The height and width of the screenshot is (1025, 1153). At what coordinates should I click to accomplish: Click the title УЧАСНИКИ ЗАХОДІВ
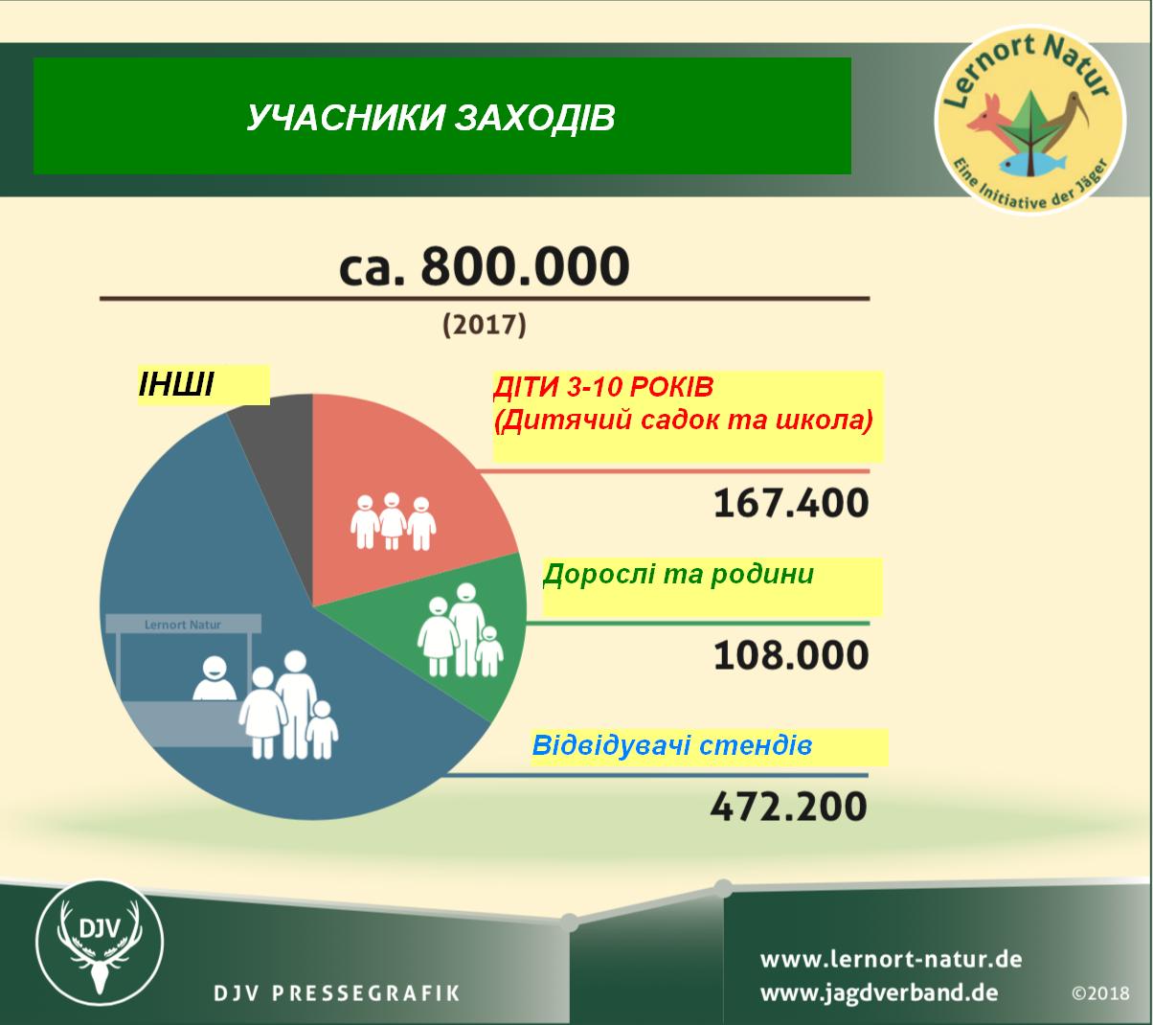tap(431, 117)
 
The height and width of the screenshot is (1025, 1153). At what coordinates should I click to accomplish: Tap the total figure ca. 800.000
tap(485, 266)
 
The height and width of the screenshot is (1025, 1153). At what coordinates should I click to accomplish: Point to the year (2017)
tap(485, 325)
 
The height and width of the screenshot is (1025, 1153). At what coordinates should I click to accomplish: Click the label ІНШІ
tap(176, 384)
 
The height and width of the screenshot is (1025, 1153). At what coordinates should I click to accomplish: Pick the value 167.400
tap(791, 503)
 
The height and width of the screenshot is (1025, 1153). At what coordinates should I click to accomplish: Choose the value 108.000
tap(791, 655)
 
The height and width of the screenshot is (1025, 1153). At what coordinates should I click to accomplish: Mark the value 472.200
tap(789, 807)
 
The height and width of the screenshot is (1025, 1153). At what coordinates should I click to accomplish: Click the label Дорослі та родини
tap(678, 574)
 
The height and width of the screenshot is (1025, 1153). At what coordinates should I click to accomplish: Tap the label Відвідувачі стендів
tap(672, 745)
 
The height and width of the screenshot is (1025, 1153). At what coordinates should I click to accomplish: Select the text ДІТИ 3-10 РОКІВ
tap(603, 388)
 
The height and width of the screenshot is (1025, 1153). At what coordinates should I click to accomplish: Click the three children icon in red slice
tap(394, 521)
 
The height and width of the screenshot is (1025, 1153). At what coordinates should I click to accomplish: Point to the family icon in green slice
tap(461, 629)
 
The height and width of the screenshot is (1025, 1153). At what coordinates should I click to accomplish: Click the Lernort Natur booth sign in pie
tap(183, 625)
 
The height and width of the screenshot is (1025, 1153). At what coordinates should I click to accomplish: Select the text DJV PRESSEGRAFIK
tap(337, 993)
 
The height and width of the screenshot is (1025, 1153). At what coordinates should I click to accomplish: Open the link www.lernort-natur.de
tap(892, 959)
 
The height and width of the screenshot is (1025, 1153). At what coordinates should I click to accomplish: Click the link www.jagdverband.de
tap(879, 993)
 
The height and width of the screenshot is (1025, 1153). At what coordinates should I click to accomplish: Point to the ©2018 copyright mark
tap(1100, 993)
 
